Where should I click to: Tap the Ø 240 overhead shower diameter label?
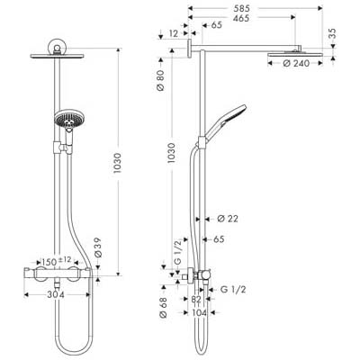point(296,63)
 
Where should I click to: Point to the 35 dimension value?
point(332,33)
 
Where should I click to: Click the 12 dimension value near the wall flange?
point(174,33)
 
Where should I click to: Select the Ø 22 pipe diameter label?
point(228,219)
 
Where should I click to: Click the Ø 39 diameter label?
point(98,247)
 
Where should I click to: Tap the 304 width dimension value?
point(56,295)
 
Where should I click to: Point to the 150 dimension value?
point(49,262)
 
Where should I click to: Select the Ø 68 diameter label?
point(163,307)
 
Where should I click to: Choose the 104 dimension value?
point(199,313)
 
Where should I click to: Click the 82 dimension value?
point(196,299)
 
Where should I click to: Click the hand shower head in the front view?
point(67,120)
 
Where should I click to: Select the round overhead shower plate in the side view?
point(295,55)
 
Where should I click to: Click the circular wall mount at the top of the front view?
point(57,46)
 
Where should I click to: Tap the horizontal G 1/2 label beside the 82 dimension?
point(233,290)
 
